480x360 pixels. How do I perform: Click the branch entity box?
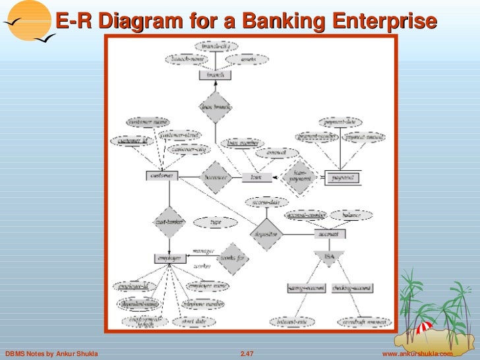tap(215, 75)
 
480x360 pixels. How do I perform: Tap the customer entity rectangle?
tap(162, 176)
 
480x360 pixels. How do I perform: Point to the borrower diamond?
tap(216, 177)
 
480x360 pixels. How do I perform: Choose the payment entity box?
tap(342, 177)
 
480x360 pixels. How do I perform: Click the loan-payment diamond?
tap(299, 177)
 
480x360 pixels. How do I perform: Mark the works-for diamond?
tap(233, 258)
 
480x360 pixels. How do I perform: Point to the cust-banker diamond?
tap(169, 222)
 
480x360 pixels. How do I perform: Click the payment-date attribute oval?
tap(340, 122)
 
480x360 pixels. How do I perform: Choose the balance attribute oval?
tap(350, 215)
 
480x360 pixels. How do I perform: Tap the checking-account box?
tap(353, 288)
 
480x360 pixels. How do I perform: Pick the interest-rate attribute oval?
tap(292, 322)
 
